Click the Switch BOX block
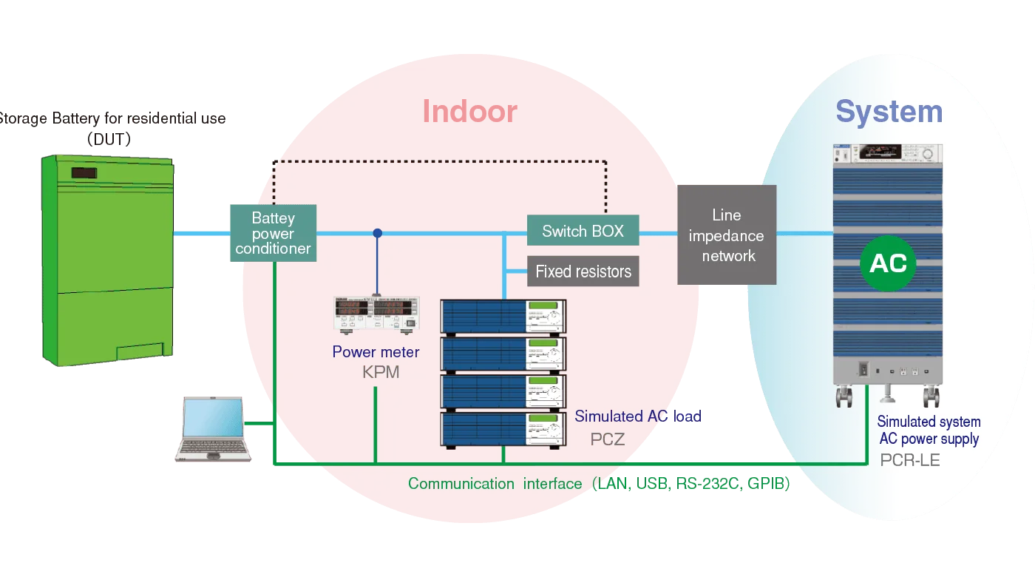pyautogui.click(x=583, y=231)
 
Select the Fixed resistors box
pyautogui.click(x=583, y=271)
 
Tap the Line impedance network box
pyautogui.click(x=727, y=235)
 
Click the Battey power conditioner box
pyautogui.click(x=273, y=233)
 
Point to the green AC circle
pyautogui.click(x=888, y=263)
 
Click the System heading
pyautogui.click(x=889, y=112)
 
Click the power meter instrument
pyautogui.click(x=377, y=313)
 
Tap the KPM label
pyautogui.click(x=381, y=372)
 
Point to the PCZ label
pyautogui.click(x=607, y=439)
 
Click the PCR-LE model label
pyautogui.click(x=910, y=460)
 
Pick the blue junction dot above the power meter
pyautogui.click(x=378, y=233)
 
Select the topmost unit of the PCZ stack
pyautogui.click(x=503, y=316)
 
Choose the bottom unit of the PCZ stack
pyautogui.click(x=503, y=430)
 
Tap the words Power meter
pyautogui.click(x=376, y=352)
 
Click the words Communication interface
pyautogui.click(x=495, y=484)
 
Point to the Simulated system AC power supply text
pyautogui.click(x=929, y=431)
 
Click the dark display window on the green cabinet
pyautogui.click(x=83, y=173)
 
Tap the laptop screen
pyautogui.click(x=213, y=419)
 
